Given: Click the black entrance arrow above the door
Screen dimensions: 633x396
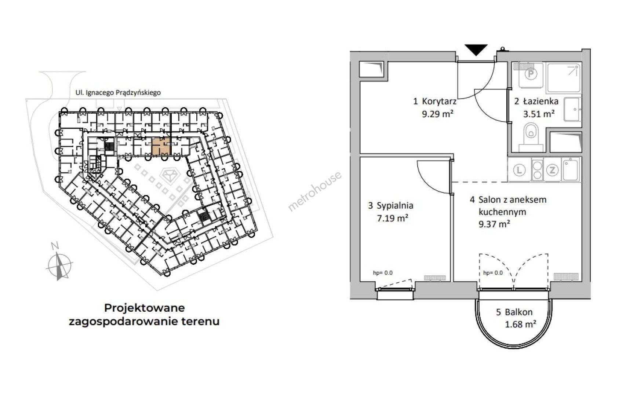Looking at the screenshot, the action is point(476,49).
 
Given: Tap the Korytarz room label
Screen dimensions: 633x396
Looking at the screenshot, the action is point(439,101).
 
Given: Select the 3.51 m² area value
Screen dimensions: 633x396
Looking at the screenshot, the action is point(539,114).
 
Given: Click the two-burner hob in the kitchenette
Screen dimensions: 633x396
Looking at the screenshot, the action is point(537,169).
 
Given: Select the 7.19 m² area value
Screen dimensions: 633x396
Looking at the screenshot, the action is point(393,218).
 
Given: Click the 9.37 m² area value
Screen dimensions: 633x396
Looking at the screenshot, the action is point(494,224).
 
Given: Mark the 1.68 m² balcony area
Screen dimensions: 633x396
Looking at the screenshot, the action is point(521,324).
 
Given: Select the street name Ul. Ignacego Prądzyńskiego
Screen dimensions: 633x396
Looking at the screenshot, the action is point(118,93).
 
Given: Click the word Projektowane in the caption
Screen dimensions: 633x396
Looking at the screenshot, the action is point(144,308).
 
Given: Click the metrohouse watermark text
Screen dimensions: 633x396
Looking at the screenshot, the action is point(315,191).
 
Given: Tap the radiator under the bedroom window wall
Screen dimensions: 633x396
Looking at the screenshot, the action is point(435,278).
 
